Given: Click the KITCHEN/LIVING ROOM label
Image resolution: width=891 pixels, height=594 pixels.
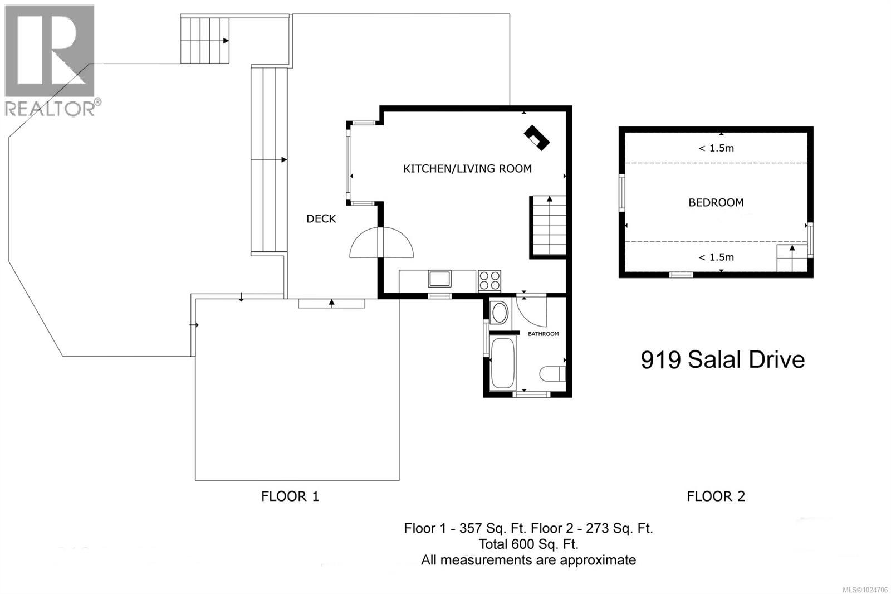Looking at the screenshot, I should (x=467, y=168).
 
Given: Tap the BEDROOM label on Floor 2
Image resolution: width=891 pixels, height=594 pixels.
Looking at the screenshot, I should (x=716, y=202).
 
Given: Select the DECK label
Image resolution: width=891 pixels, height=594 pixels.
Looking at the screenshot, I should (x=321, y=218).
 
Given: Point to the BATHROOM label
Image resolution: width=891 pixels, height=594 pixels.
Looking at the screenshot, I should (x=543, y=334).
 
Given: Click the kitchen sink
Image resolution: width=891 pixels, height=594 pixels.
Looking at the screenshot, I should (x=440, y=278).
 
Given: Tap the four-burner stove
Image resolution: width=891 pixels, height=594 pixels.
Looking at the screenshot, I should (x=489, y=280).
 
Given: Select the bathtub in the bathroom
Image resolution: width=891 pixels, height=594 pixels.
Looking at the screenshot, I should (x=503, y=363).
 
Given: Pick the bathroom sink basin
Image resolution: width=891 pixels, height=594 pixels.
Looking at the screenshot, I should (x=500, y=313).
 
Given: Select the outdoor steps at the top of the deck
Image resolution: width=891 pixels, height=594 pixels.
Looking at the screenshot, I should (x=205, y=41).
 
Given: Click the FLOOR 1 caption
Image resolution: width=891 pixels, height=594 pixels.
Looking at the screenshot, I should (x=290, y=496).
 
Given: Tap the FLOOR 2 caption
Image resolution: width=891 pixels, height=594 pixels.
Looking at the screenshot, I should (x=716, y=496).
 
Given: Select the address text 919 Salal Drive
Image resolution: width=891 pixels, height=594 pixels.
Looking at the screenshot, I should (x=722, y=359).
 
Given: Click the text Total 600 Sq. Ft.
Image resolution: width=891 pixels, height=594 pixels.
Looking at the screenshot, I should (x=528, y=544).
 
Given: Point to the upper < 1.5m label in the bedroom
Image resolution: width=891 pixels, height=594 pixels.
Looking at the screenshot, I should (x=716, y=148).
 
